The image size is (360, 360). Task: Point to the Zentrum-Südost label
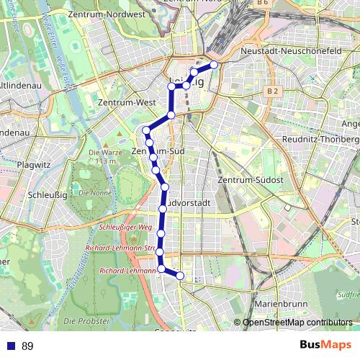tap(251, 178)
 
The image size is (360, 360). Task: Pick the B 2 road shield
tap(271, 91)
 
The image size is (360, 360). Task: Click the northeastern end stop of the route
tap(214, 65)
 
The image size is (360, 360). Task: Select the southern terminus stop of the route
tap(180, 276)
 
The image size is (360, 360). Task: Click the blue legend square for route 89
tap(10, 346)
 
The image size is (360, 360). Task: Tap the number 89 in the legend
tap(27, 346)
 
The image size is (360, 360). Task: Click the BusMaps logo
tap(325, 346)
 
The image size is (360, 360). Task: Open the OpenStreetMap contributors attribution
tap(297, 323)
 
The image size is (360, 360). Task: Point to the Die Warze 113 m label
tap(102, 156)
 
